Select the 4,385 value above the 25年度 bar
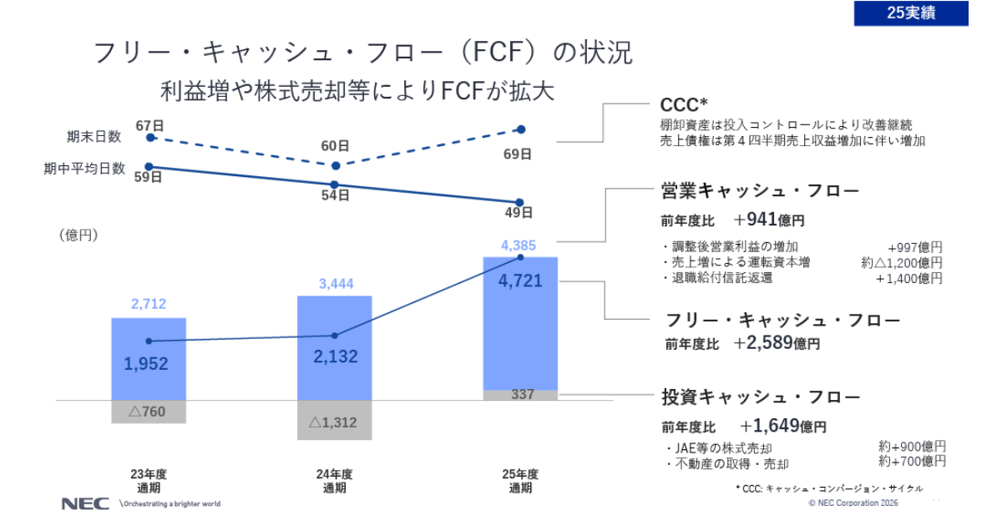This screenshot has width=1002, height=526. point(519,245)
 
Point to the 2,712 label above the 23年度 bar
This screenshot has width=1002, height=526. point(149,305)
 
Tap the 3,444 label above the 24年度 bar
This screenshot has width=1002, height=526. point(336,284)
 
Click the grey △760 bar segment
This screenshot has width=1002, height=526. point(149,412)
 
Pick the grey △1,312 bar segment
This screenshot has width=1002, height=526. point(334,422)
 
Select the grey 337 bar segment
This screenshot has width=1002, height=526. point(521,394)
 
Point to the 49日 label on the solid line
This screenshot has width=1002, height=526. point(519,213)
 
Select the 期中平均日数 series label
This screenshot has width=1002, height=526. point(84,168)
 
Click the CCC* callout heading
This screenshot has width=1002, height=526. point(684,104)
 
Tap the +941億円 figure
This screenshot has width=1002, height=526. point(769,220)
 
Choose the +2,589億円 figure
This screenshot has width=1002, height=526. point(777,342)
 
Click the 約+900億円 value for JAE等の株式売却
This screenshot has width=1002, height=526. point(912,446)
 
